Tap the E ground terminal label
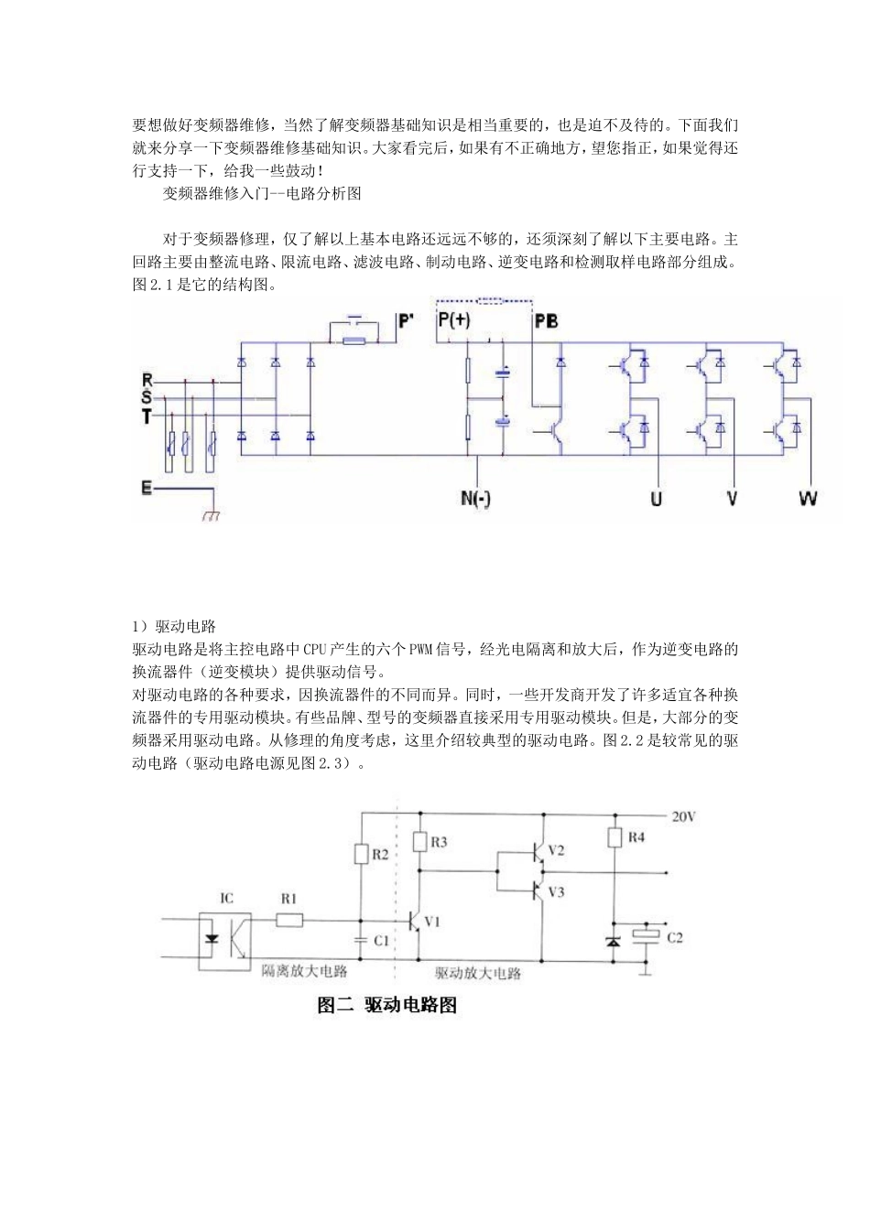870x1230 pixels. pos(147,489)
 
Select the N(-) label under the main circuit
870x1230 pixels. pos(476,499)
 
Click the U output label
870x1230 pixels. pos(656,499)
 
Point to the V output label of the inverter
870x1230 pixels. pos(732,499)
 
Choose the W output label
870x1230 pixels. pos(808,499)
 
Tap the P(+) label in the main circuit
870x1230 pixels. pos(454,320)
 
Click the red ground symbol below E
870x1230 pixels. pos(212,515)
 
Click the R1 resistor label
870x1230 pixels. pos(288,898)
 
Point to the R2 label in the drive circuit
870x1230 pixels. pos(380,855)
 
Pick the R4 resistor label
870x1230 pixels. pos(636,836)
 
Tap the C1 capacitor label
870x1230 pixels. pos(382,940)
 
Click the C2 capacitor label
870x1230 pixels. pos(675,937)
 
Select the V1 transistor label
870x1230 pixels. pos(432,922)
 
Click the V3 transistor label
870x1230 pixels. pos(555,890)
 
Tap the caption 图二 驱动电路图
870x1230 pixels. pos(386,1005)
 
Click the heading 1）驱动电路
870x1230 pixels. pos(174,627)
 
